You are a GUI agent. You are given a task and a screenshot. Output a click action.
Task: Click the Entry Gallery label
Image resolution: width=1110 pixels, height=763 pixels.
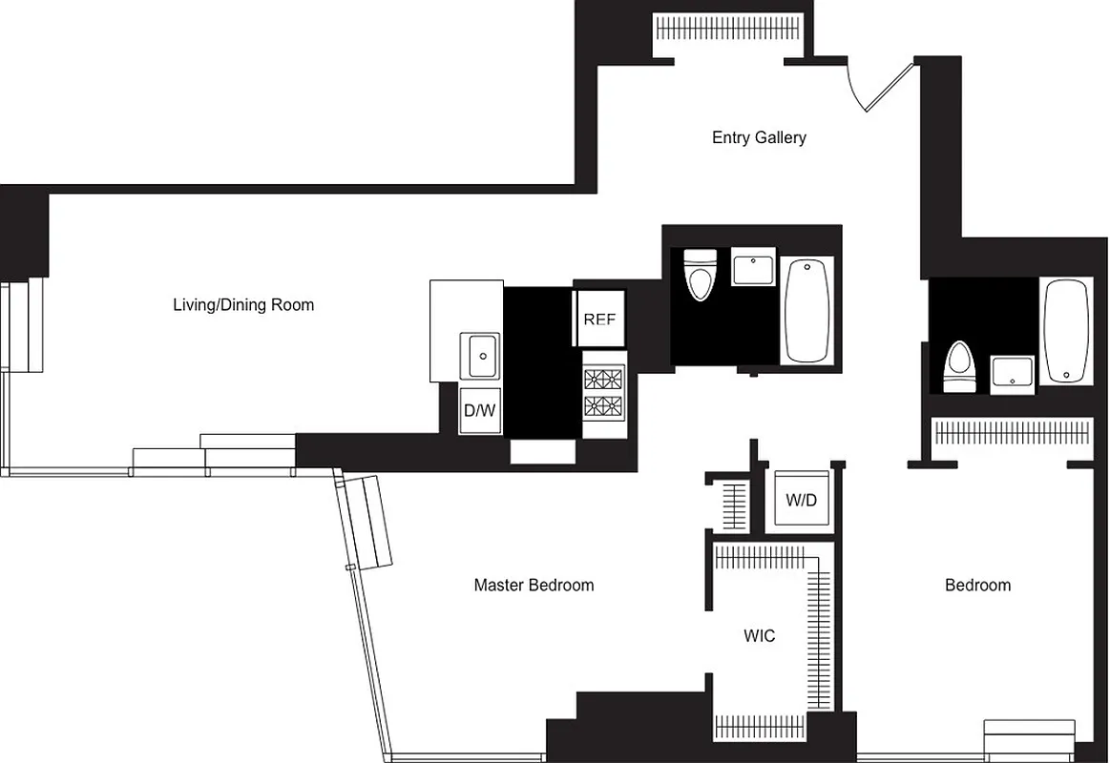point(759,137)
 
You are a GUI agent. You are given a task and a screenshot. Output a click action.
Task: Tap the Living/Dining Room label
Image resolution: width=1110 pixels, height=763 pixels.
point(243,305)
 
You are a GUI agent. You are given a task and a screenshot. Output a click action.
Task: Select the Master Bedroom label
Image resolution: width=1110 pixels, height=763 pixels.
point(534,585)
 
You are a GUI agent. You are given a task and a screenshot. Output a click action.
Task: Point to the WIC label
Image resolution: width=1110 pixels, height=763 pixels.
point(760,635)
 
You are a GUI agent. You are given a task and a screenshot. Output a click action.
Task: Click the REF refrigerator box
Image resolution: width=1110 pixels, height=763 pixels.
point(598,319)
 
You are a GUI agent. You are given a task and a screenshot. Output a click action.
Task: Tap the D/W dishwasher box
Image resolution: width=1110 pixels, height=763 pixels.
point(480,411)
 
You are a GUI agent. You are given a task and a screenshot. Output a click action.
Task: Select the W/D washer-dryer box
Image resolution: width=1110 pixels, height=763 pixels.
point(801,500)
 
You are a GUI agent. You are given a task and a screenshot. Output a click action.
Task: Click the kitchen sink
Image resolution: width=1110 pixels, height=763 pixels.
point(480,357)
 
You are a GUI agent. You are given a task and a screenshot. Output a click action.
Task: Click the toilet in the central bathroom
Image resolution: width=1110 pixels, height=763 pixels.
point(701,275)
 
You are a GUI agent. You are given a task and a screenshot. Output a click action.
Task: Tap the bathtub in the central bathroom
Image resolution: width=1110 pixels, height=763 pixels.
point(806,309)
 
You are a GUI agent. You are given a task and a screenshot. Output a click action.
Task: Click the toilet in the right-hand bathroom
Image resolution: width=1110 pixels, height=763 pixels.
point(958,367)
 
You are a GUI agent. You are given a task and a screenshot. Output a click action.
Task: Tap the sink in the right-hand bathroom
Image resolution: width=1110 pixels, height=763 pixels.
point(1011,373)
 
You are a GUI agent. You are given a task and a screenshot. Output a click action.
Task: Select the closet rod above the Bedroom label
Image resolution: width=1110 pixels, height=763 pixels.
point(1011,434)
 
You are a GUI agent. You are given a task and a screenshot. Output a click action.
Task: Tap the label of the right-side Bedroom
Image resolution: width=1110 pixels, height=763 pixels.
point(977,585)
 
